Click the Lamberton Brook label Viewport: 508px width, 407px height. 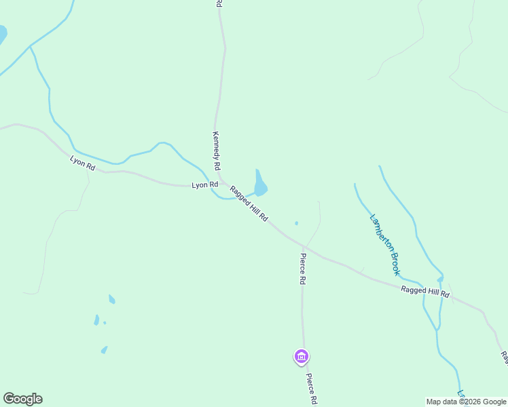coord(384,245)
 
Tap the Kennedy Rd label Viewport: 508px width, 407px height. coord(216,150)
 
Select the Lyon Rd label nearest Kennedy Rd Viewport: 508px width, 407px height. coord(204,185)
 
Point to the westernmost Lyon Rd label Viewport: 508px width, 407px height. coord(81,163)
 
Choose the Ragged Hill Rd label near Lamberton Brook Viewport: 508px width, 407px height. coord(425,292)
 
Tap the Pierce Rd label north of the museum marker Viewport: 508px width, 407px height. coord(303,269)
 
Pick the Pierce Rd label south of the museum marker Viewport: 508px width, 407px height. coord(311,389)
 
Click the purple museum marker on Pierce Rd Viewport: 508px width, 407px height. coord(302,356)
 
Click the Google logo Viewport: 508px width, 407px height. coord(22,399)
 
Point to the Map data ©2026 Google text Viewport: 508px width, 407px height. coord(466,402)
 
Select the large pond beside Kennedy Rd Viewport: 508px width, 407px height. coord(260,185)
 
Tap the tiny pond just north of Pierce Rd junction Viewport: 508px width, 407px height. coord(296,223)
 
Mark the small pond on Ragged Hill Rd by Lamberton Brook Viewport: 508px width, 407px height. coord(440,279)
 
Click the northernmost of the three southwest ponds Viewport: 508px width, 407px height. coord(111,299)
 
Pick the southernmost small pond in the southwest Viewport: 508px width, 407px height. coord(104,350)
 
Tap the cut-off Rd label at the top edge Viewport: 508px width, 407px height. coord(219,3)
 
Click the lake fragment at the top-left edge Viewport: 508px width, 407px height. coord(2,34)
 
